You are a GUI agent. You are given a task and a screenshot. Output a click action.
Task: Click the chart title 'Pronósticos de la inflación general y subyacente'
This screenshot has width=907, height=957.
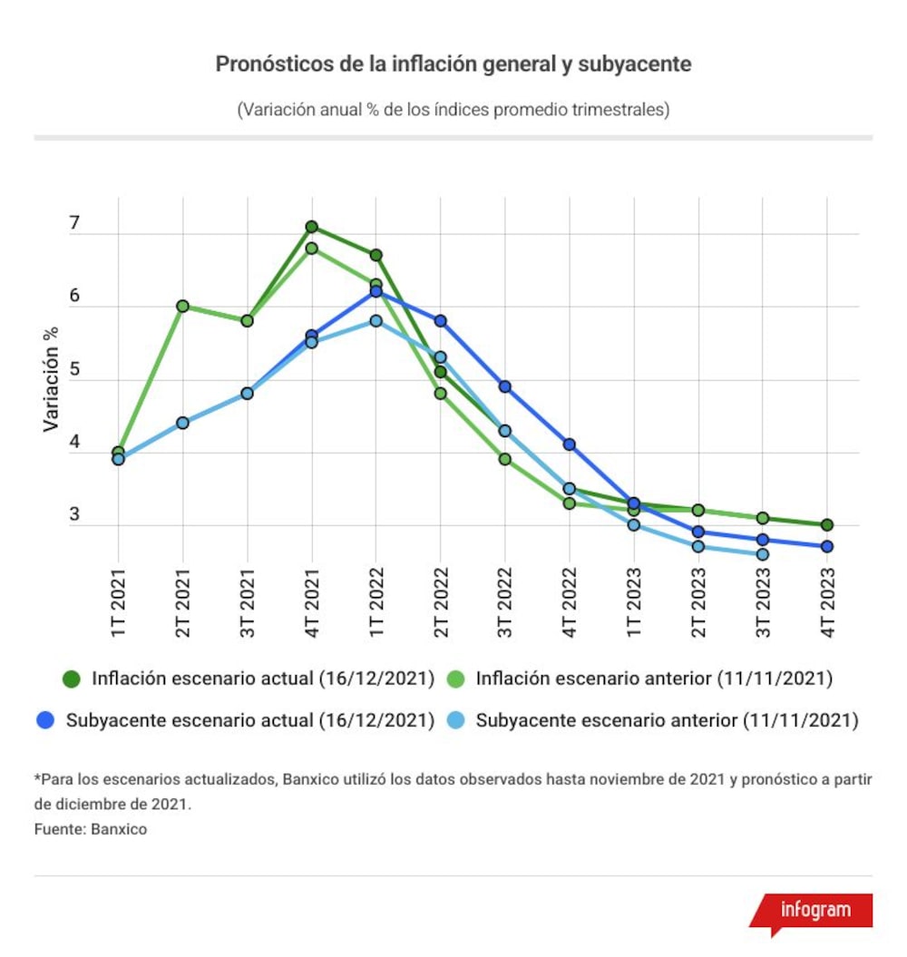pyautogui.click(x=453, y=64)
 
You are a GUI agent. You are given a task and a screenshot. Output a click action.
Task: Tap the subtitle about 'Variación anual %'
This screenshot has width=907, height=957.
pyautogui.click(x=453, y=110)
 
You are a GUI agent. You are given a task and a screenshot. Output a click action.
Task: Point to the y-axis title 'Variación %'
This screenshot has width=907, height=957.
pyautogui.click(x=52, y=379)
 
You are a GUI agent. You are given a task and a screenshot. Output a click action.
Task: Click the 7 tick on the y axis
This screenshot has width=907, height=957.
pyautogui.click(x=74, y=223)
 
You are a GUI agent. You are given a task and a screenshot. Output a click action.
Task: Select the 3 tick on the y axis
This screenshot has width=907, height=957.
pyautogui.click(x=74, y=514)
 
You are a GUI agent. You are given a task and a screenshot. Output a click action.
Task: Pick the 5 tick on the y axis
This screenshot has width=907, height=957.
pyautogui.click(x=74, y=369)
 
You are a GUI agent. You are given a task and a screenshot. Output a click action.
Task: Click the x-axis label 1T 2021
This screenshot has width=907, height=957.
pyautogui.click(x=119, y=603)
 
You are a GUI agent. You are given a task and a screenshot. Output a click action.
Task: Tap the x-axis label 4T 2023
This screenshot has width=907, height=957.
pyautogui.click(x=827, y=603)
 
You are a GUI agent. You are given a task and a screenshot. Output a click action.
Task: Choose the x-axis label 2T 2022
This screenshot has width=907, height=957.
pyautogui.click(x=441, y=603)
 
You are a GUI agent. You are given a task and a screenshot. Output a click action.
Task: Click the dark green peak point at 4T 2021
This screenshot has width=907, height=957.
pyautogui.click(x=311, y=227)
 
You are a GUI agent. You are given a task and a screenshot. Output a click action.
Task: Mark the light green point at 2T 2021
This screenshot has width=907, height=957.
pyautogui.click(x=182, y=306)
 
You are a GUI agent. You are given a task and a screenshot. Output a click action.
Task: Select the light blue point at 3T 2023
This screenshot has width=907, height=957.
pyautogui.click(x=763, y=554)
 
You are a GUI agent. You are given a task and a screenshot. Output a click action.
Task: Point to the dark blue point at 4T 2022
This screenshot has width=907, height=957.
pyautogui.click(x=570, y=444)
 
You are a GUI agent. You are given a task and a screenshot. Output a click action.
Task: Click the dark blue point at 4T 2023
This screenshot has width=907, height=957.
pyautogui.click(x=827, y=547)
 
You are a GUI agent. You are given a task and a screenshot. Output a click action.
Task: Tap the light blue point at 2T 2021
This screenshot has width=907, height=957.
pyautogui.click(x=182, y=423)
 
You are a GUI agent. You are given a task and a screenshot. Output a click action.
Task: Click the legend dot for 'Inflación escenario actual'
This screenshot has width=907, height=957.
pyautogui.click(x=72, y=679)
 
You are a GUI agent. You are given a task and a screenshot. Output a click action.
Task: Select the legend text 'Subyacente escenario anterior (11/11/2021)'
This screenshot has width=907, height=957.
pyautogui.click(x=668, y=721)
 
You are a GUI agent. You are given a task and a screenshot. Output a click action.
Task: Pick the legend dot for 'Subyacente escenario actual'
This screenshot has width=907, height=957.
pyautogui.click(x=45, y=721)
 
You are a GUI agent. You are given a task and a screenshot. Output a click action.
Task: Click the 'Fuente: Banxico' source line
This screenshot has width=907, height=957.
pyautogui.click(x=91, y=829)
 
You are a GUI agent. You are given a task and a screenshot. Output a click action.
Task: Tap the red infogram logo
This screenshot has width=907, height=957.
pyautogui.click(x=812, y=912)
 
